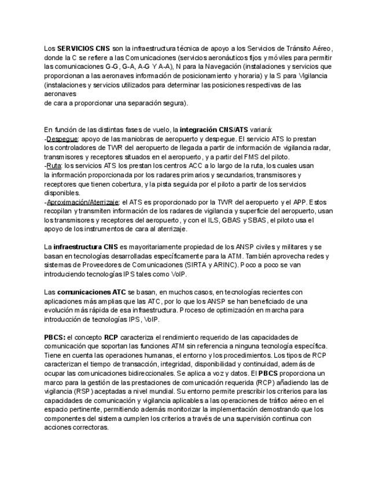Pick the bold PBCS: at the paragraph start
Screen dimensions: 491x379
click(x=54, y=337)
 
